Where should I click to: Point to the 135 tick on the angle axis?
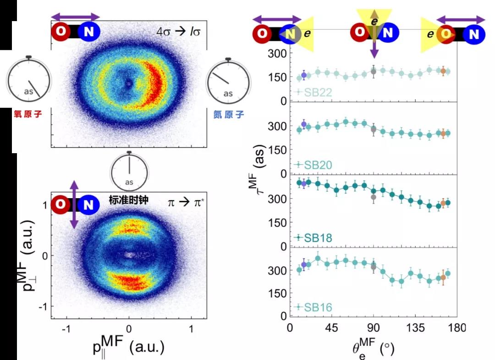415,328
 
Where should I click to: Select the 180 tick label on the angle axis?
457,328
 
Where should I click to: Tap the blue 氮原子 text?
229,115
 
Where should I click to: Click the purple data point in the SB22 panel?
303,75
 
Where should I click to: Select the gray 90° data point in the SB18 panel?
374,197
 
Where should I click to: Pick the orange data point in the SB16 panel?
443,277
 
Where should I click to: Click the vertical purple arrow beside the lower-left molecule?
74,204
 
